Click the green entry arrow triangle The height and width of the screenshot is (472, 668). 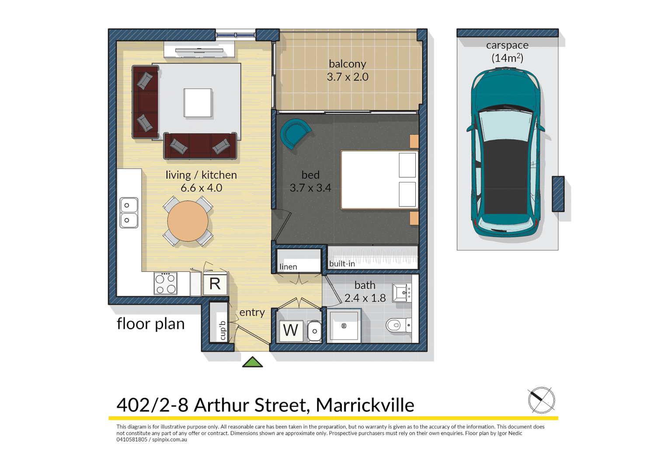pos(253,362)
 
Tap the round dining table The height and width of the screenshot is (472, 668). pos(188,221)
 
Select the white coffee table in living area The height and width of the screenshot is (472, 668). pos(198,103)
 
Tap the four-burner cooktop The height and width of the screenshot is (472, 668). pos(166,284)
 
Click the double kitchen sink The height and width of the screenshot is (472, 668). pos(129,212)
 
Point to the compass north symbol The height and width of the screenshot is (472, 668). pos(541,400)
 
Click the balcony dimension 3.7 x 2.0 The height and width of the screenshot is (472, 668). pos(348,77)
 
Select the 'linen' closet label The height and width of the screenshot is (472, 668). pos(288,267)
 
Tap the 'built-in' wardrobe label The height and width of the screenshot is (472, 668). pos(342,264)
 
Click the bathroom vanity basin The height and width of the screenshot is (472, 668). pos(401,292)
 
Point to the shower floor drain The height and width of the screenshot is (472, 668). pos(344,326)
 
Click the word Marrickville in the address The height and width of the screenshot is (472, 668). pos(365,405)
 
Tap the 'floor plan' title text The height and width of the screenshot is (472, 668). pos(151,324)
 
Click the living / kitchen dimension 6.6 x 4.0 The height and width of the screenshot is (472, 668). pos(202,188)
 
